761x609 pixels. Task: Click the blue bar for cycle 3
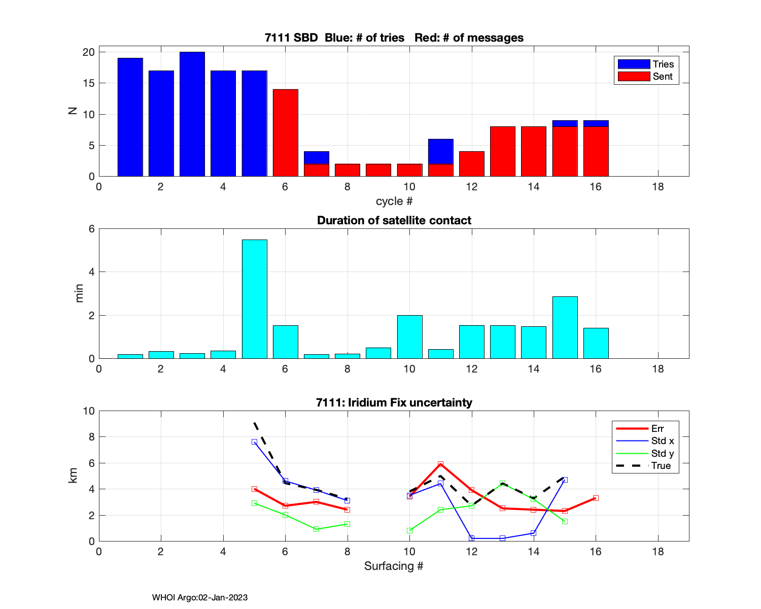pyautogui.click(x=192, y=114)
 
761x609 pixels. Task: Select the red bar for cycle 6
pyautogui.click(x=286, y=133)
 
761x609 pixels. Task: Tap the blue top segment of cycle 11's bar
pyautogui.click(x=441, y=151)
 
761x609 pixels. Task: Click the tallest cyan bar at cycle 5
pyautogui.click(x=255, y=299)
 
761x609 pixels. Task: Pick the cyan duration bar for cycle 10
pyautogui.click(x=410, y=337)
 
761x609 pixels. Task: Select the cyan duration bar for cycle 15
pyautogui.click(x=565, y=327)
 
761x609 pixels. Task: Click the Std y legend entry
pyautogui.click(x=645, y=454)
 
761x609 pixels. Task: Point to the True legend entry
pyautogui.click(x=645, y=466)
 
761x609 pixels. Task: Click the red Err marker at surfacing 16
pyautogui.click(x=596, y=498)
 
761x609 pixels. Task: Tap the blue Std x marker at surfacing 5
pyautogui.click(x=254, y=442)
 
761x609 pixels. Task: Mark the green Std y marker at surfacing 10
pyautogui.click(x=410, y=531)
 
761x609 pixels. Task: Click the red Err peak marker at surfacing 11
pyautogui.click(x=441, y=464)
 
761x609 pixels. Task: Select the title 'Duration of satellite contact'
pyautogui.click(x=394, y=220)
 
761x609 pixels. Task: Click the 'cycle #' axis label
pyautogui.click(x=394, y=201)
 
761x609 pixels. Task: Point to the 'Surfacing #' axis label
pyautogui.click(x=394, y=566)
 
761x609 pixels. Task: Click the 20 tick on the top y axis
pyautogui.click(x=89, y=52)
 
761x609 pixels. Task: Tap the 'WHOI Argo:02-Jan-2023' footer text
pyautogui.click(x=200, y=597)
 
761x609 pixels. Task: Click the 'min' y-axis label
pyautogui.click(x=79, y=294)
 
